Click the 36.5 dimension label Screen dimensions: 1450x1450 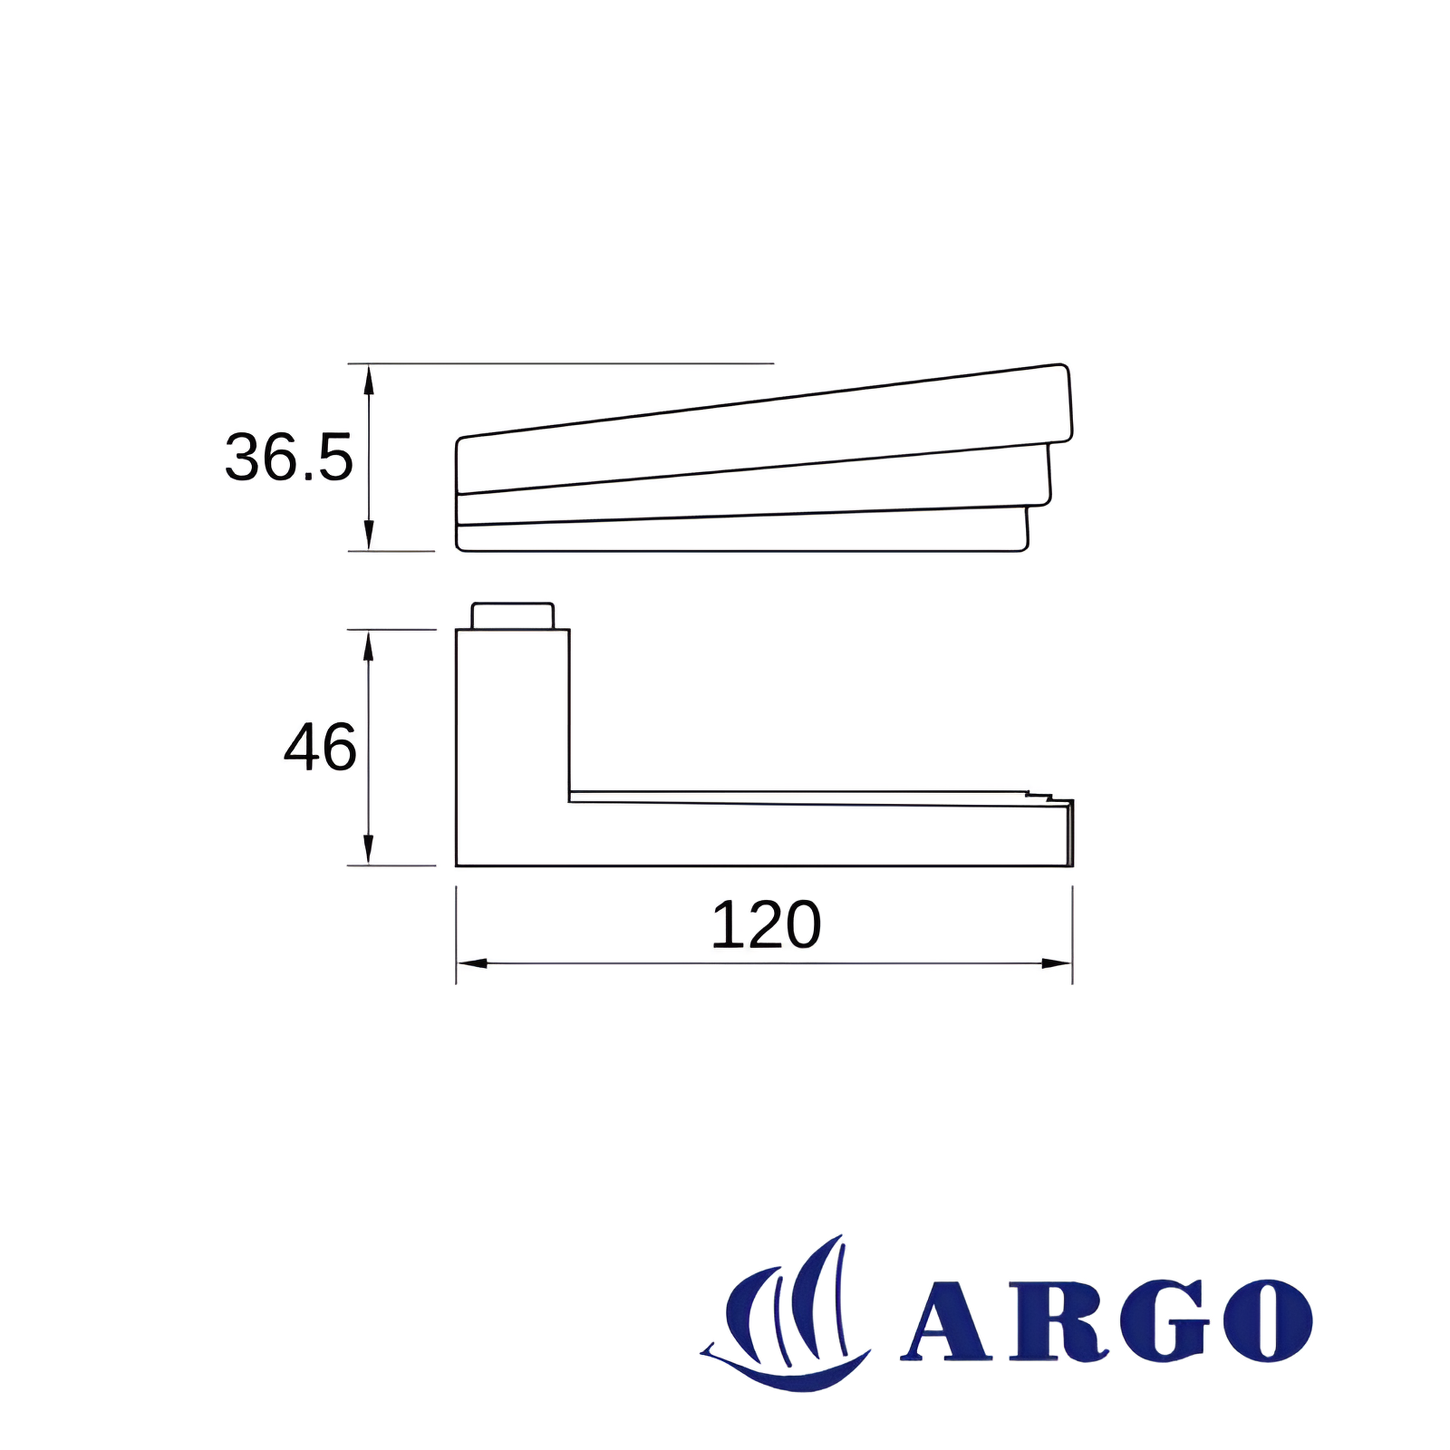point(289,457)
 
